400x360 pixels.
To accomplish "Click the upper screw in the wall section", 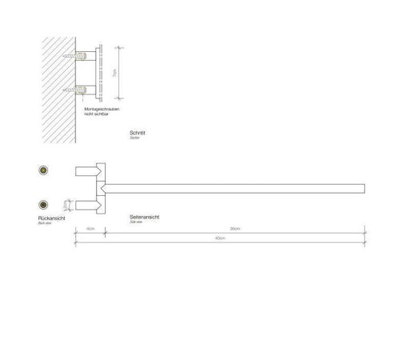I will [x=84, y=56].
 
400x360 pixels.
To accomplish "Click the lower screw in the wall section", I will [x=84, y=90].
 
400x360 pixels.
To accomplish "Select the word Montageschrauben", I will [x=102, y=109].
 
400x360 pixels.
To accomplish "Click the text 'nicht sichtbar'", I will [x=97, y=114].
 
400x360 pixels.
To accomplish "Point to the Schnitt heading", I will [x=137, y=134].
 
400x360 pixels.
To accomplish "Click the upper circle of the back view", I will [x=43, y=170].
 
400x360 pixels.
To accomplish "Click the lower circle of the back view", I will [x=43, y=205].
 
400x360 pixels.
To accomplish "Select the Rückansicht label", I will [x=50, y=218].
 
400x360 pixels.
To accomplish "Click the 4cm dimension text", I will [x=90, y=230].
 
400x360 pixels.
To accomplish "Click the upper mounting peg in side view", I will [x=86, y=170].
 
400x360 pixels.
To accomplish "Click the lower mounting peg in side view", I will [x=86, y=205].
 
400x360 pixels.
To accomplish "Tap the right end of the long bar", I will [x=363, y=188].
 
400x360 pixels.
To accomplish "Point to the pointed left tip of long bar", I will [x=100, y=188].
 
